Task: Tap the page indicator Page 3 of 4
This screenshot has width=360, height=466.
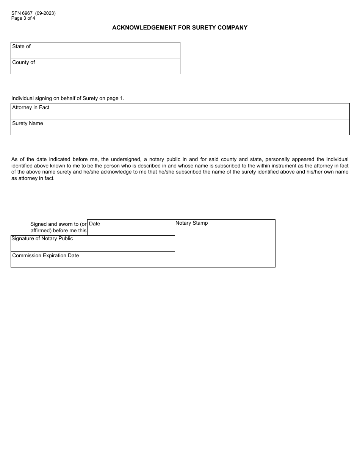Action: click(23, 18)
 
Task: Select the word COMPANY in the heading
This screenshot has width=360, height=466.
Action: click(234, 28)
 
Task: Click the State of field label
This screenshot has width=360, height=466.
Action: click(21, 46)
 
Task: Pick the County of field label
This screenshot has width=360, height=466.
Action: click(23, 62)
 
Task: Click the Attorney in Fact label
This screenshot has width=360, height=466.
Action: click(31, 107)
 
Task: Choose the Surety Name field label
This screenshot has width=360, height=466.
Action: click(28, 123)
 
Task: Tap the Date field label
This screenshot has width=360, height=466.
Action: click(94, 224)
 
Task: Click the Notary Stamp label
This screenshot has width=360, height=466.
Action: click(191, 223)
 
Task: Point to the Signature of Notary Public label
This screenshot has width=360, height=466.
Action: click(42, 238)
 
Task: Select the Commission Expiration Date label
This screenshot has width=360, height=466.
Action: click(45, 255)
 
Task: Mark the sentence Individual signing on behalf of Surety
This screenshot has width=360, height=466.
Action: click(68, 98)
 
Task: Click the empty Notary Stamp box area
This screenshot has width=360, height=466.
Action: click(225, 246)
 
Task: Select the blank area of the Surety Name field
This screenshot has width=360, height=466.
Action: click(189, 129)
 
